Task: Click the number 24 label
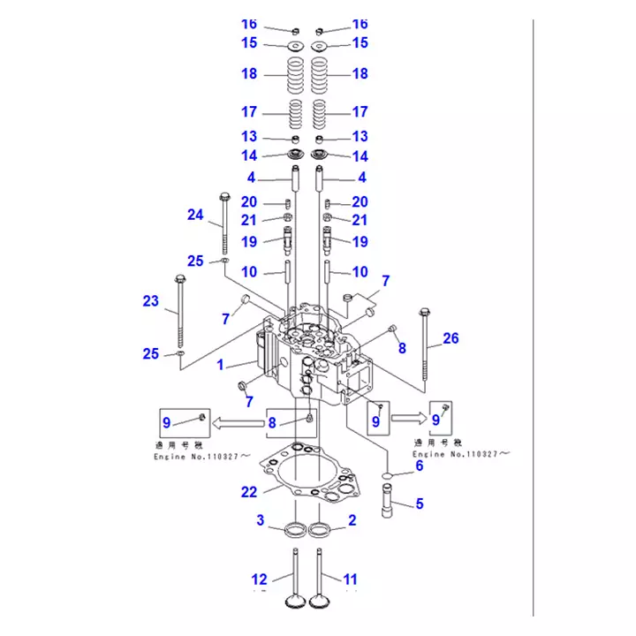pyautogui.click(x=195, y=214)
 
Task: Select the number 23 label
pyautogui.click(x=151, y=300)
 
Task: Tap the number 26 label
pyautogui.click(x=450, y=337)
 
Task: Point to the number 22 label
pyautogui.click(x=250, y=492)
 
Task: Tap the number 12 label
pyautogui.click(x=259, y=579)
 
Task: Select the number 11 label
pyautogui.click(x=351, y=579)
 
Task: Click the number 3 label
pyautogui.click(x=261, y=520)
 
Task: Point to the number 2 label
pyautogui.click(x=352, y=520)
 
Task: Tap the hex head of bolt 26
pyautogui.click(x=425, y=312)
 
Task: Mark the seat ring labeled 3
pyautogui.click(x=294, y=531)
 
